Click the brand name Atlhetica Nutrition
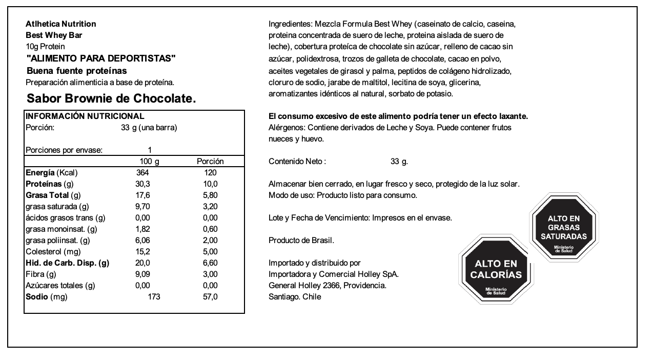60,24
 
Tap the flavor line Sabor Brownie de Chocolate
111,98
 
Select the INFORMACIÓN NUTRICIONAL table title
85,116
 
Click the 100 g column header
149,162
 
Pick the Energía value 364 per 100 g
142,173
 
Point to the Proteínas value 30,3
142,184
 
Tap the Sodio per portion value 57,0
210,297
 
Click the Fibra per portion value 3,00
210,274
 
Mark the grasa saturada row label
57,207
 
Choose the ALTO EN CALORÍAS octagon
496,270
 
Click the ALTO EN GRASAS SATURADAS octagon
564,228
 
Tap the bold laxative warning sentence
398,116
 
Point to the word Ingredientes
289,24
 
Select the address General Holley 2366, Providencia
327,286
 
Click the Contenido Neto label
297,162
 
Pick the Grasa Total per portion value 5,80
210,195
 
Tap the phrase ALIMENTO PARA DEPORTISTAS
100,58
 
